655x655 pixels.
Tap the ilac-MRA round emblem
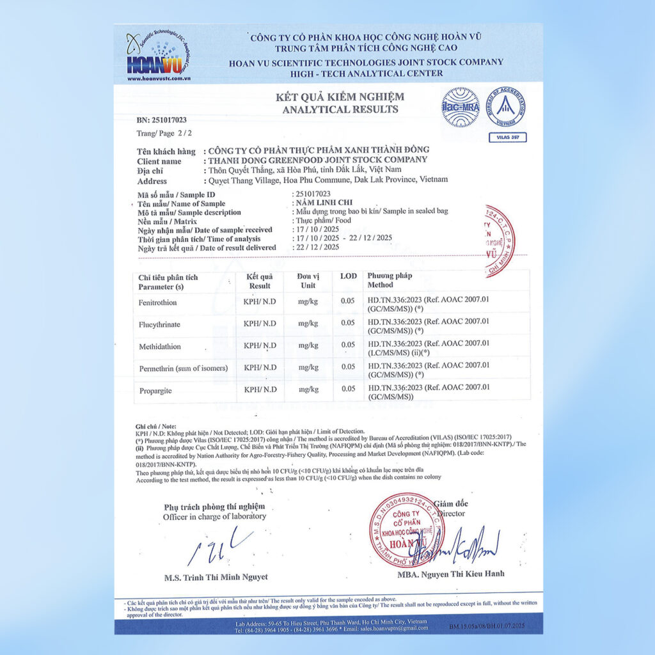[x=460, y=106]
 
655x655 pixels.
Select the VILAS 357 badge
[x=507, y=137]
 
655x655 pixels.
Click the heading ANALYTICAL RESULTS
[x=340, y=109]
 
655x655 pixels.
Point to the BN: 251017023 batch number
[x=162, y=120]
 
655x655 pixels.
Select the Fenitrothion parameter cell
[x=157, y=302]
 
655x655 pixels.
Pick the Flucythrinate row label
[x=159, y=324]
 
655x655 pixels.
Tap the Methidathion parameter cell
[x=159, y=346]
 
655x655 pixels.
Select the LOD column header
[x=349, y=276]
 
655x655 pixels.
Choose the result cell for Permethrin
[x=260, y=367]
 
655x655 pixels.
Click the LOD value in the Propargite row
[x=348, y=389]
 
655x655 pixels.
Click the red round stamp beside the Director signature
[x=407, y=530]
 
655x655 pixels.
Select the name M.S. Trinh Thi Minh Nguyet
[x=216, y=578]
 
